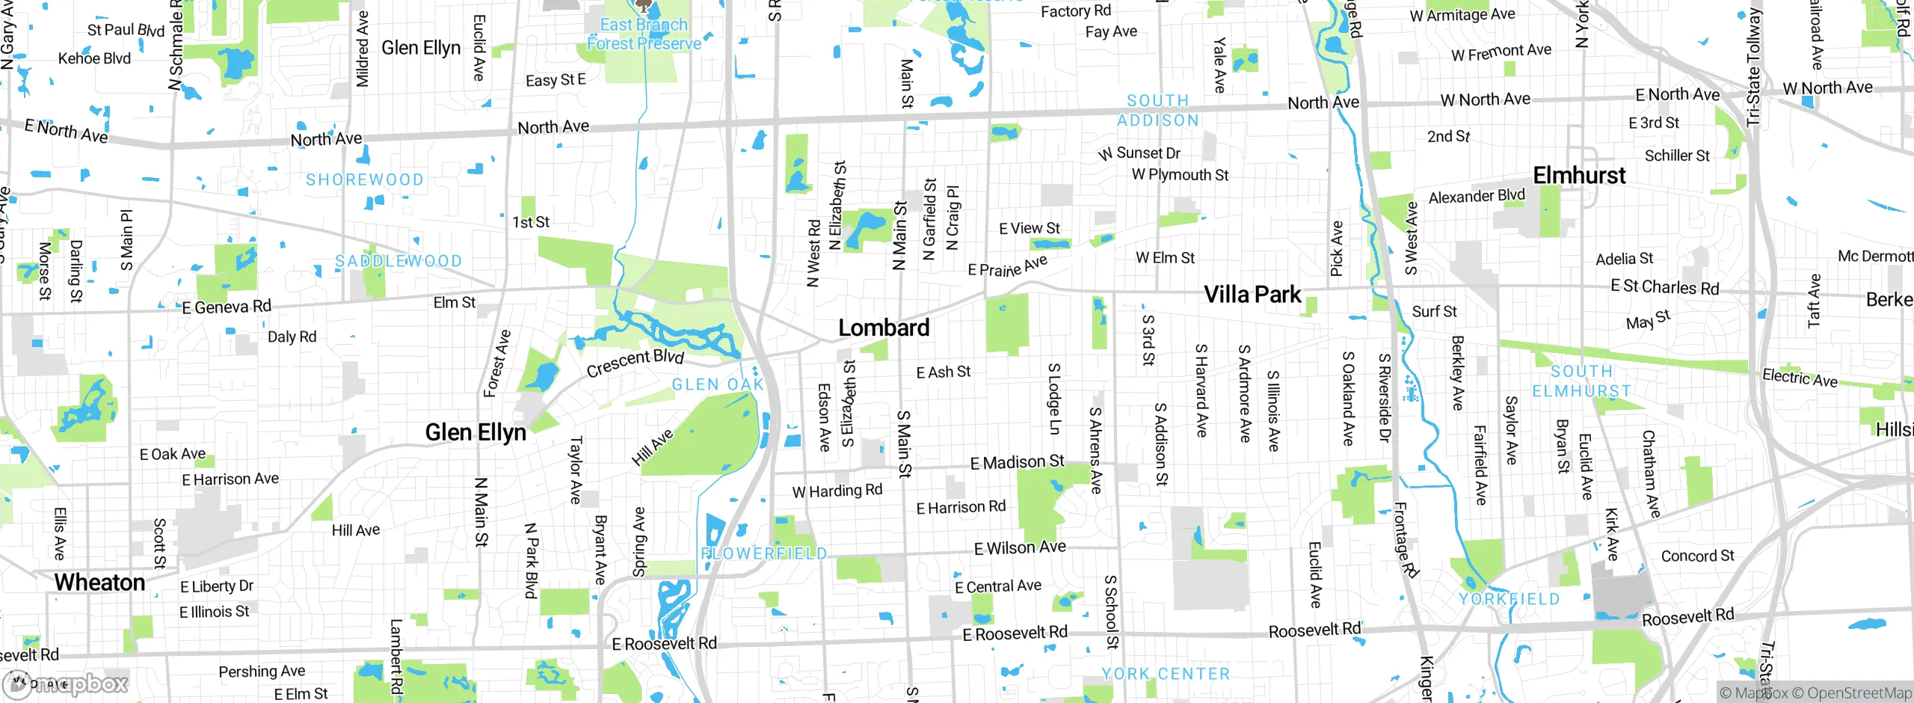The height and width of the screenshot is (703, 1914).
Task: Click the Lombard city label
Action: [884, 328]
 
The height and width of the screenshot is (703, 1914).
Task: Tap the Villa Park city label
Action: [1252, 295]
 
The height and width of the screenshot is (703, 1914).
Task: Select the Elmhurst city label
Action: [1579, 176]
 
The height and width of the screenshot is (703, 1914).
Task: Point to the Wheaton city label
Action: [99, 583]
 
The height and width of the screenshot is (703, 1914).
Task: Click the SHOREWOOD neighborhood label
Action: [365, 179]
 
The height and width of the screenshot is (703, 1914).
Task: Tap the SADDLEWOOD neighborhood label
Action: [399, 261]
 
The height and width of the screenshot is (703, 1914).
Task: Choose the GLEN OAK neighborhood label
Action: [718, 384]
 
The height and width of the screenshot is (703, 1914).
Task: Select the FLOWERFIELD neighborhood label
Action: [764, 553]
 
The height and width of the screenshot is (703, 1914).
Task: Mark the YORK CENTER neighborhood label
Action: [1166, 674]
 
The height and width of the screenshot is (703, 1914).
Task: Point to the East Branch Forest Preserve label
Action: [644, 34]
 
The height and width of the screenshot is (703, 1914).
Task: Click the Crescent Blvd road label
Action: [635, 363]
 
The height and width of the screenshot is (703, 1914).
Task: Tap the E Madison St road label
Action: [1017, 462]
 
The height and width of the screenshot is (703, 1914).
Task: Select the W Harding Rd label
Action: [837, 491]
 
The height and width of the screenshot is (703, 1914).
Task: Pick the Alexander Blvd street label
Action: [1477, 196]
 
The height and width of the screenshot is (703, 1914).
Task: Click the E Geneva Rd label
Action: [227, 307]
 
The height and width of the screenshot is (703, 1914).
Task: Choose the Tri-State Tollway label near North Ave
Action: [1754, 67]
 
